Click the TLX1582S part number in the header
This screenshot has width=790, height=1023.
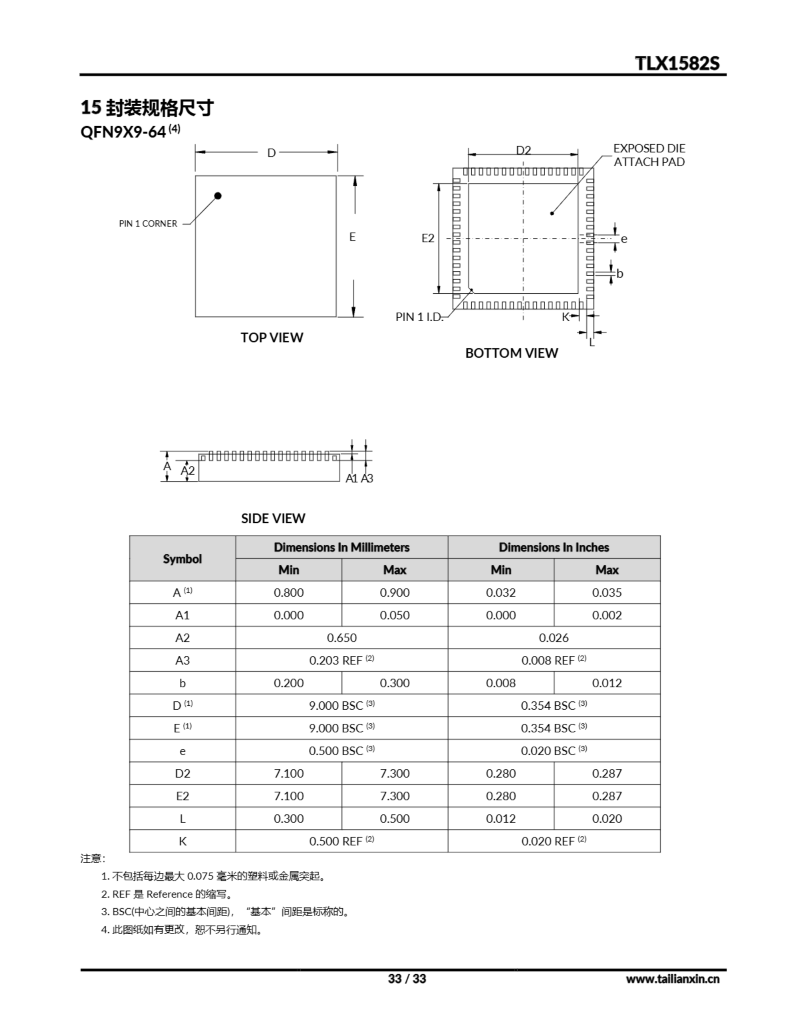pyautogui.click(x=677, y=63)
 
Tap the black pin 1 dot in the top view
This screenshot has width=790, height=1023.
pyautogui.click(x=218, y=196)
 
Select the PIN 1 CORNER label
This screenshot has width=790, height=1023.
pyautogui.click(x=148, y=224)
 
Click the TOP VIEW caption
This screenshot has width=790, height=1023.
pyautogui.click(x=272, y=338)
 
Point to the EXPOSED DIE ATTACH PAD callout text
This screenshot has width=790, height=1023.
pyautogui.click(x=649, y=155)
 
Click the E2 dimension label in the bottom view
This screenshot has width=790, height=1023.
pyautogui.click(x=428, y=239)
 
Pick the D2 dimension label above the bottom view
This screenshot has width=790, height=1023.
pyautogui.click(x=524, y=150)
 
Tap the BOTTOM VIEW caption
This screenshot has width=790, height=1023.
pyautogui.click(x=511, y=353)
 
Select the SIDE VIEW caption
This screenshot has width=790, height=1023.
pyautogui.click(x=273, y=519)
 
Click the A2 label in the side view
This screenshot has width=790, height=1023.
pyautogui.click(x=188, y=471)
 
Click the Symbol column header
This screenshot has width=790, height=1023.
pyautogui.click(x=182, y=559)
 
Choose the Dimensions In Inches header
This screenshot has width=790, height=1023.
pyautogui.click(x=554, y=547)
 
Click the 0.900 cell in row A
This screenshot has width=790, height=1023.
pyautogui.click(x=394, y=593)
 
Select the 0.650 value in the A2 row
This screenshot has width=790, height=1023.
pyautogui.click(x=341, y=638)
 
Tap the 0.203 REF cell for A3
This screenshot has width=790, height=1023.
pyautogui.click(x=341, y=661)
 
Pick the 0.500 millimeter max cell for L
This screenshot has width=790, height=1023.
pyautogui.click(x=394, y=819)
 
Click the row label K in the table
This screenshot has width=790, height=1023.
pyautogui.click(x=182, y=842)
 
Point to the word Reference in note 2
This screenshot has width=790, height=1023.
pyautogui.click(x=169, y=894)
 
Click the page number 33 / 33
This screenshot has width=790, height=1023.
pyautogui.click(x=407, y=979)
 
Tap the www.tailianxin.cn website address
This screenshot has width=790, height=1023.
pyautogui.click(x=673, y=979)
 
